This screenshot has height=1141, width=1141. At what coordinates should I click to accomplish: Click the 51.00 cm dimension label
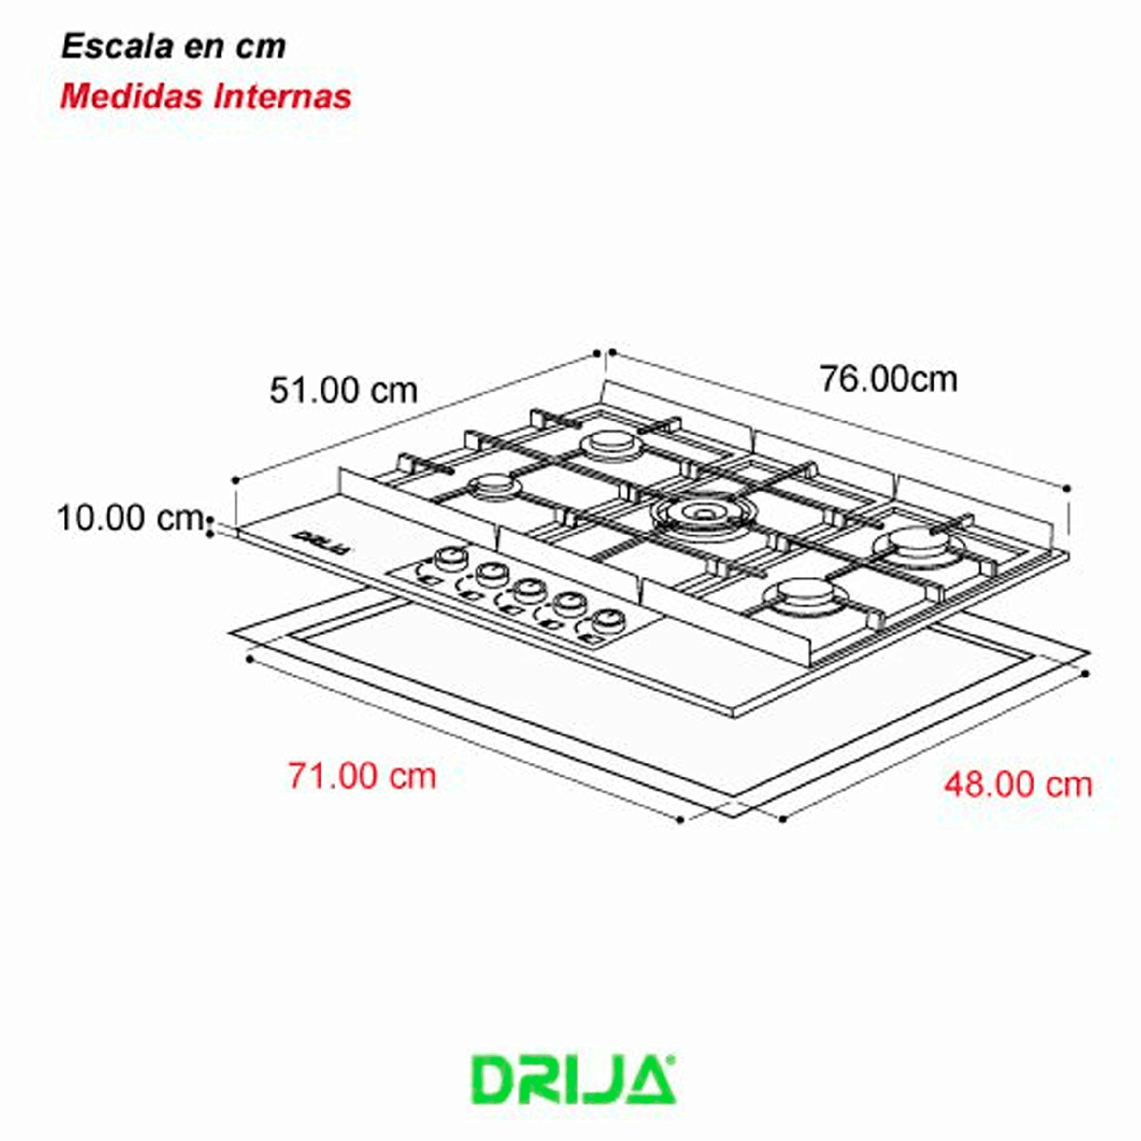[343, 390]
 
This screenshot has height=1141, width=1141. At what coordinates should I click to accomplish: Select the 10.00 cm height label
[131, 518]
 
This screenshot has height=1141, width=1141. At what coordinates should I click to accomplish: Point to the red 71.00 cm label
[362, 776]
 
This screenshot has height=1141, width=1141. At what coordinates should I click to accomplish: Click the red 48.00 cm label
[1019, 784]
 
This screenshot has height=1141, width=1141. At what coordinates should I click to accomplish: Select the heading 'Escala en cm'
[174, 46]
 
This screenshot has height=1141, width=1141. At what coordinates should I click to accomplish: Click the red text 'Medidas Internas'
[206, 96]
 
